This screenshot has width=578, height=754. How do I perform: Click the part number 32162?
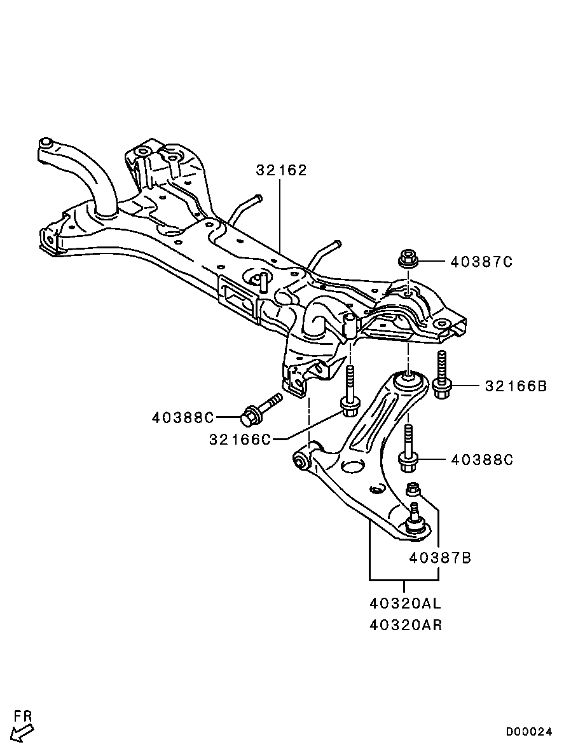click(281, 170)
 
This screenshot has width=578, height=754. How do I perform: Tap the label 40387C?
click(482, 262)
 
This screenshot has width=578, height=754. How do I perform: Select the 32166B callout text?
click(516, 386)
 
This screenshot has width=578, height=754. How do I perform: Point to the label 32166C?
click(240, 439)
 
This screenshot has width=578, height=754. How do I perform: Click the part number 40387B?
click(441, 558)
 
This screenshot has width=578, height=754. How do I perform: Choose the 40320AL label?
click(406, 603)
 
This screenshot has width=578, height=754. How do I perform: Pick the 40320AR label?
click(406, 624)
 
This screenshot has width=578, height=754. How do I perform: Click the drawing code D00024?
click(528, 732)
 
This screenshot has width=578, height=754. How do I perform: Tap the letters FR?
click(23, 716)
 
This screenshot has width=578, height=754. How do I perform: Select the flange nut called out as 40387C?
click(407, 259)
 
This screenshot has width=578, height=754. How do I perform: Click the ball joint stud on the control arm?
click(415, 518)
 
